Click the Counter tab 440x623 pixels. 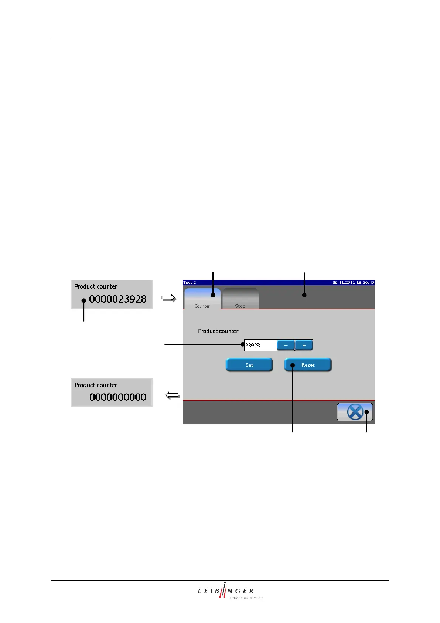[202, 299]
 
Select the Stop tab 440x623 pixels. [240, 299]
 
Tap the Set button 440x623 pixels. [249, 365]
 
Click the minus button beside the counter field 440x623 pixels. [286, 345]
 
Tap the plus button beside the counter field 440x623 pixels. [304, 345]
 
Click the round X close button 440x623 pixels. [355, 412]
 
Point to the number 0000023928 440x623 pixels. [118, 299]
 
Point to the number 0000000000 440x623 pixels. [118, 397]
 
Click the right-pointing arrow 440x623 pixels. [169, 298]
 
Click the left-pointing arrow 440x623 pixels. [173, 396]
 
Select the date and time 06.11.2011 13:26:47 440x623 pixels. [353, 282]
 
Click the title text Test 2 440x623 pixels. [190, 282]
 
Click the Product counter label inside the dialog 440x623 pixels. [218, 331]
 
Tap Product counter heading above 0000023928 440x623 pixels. [96, 286]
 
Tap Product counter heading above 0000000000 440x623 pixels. [96, 385]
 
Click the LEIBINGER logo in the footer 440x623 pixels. [226, 591]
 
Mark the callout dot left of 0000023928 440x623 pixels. [84, 300]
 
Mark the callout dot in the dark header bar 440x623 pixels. [304, 295]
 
